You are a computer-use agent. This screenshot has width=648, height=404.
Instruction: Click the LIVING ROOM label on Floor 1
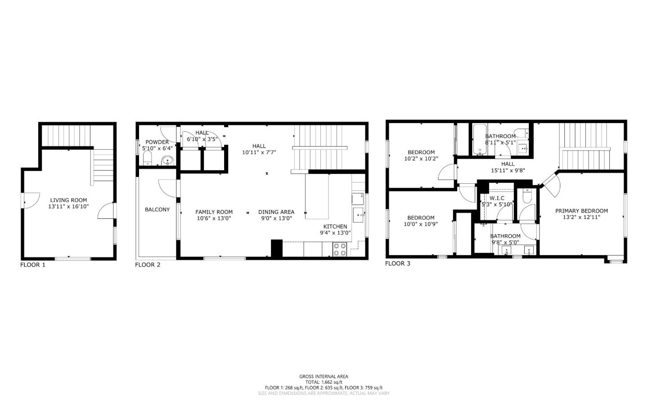(x=68, y=200)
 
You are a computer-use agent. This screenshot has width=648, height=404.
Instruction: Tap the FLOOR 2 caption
(x=148, y=265)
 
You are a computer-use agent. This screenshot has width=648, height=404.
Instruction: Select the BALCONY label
(x=157, y=209)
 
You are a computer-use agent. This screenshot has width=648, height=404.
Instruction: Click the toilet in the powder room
(x=147, y=159)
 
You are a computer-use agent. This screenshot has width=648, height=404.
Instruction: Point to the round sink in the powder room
(x=167, y=160)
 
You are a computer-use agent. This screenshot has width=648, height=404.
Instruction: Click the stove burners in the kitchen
(x=340, y=249)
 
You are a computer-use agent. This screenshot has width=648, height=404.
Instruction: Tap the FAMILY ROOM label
(x=214, y=212)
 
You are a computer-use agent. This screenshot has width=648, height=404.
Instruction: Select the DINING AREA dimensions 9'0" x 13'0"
(x=276, y=218)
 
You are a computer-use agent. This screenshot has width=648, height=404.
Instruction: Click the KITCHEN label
(x=335, y=226)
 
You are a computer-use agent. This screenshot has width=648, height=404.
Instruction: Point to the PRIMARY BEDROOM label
(x=581, y=211)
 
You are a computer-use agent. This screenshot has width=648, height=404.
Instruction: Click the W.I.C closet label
(x=497, y=198)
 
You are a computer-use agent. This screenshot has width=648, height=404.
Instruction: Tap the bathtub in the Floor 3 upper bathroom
(x=478, y=140)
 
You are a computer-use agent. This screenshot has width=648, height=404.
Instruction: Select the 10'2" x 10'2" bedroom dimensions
(x=421, y=159)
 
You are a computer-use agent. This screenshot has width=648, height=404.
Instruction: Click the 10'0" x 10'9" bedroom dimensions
(x=421, y=224)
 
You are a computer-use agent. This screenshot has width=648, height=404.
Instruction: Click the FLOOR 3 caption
(x=398, y=263)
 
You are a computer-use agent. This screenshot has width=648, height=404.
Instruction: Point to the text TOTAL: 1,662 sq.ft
(x=324, y=382)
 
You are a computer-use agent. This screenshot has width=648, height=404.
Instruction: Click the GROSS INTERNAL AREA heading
(x=324, y=377)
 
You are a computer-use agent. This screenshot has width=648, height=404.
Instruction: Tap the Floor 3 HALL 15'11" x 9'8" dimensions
(x=508, y=170)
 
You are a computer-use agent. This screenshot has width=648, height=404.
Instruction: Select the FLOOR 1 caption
(x=33, y=265)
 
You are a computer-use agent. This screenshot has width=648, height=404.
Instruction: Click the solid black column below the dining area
(x=276, y=249)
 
